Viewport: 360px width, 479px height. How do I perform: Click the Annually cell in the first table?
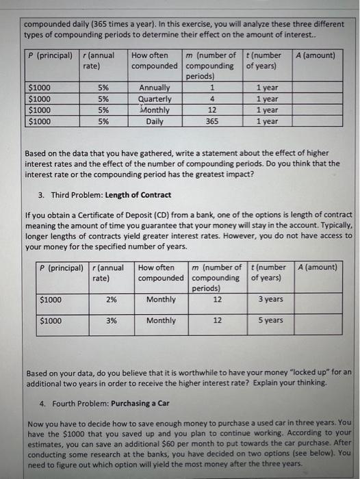point(155,88)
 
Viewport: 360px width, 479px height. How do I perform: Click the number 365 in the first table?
point(213,121)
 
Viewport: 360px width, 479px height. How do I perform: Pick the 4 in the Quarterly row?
point(213,99)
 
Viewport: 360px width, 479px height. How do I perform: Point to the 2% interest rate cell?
point(111,300)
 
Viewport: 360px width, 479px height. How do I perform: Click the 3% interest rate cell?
point(111,320)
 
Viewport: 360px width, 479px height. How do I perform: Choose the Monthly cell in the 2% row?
point(161,300)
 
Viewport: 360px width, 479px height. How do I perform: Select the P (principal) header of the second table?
point(61,268)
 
